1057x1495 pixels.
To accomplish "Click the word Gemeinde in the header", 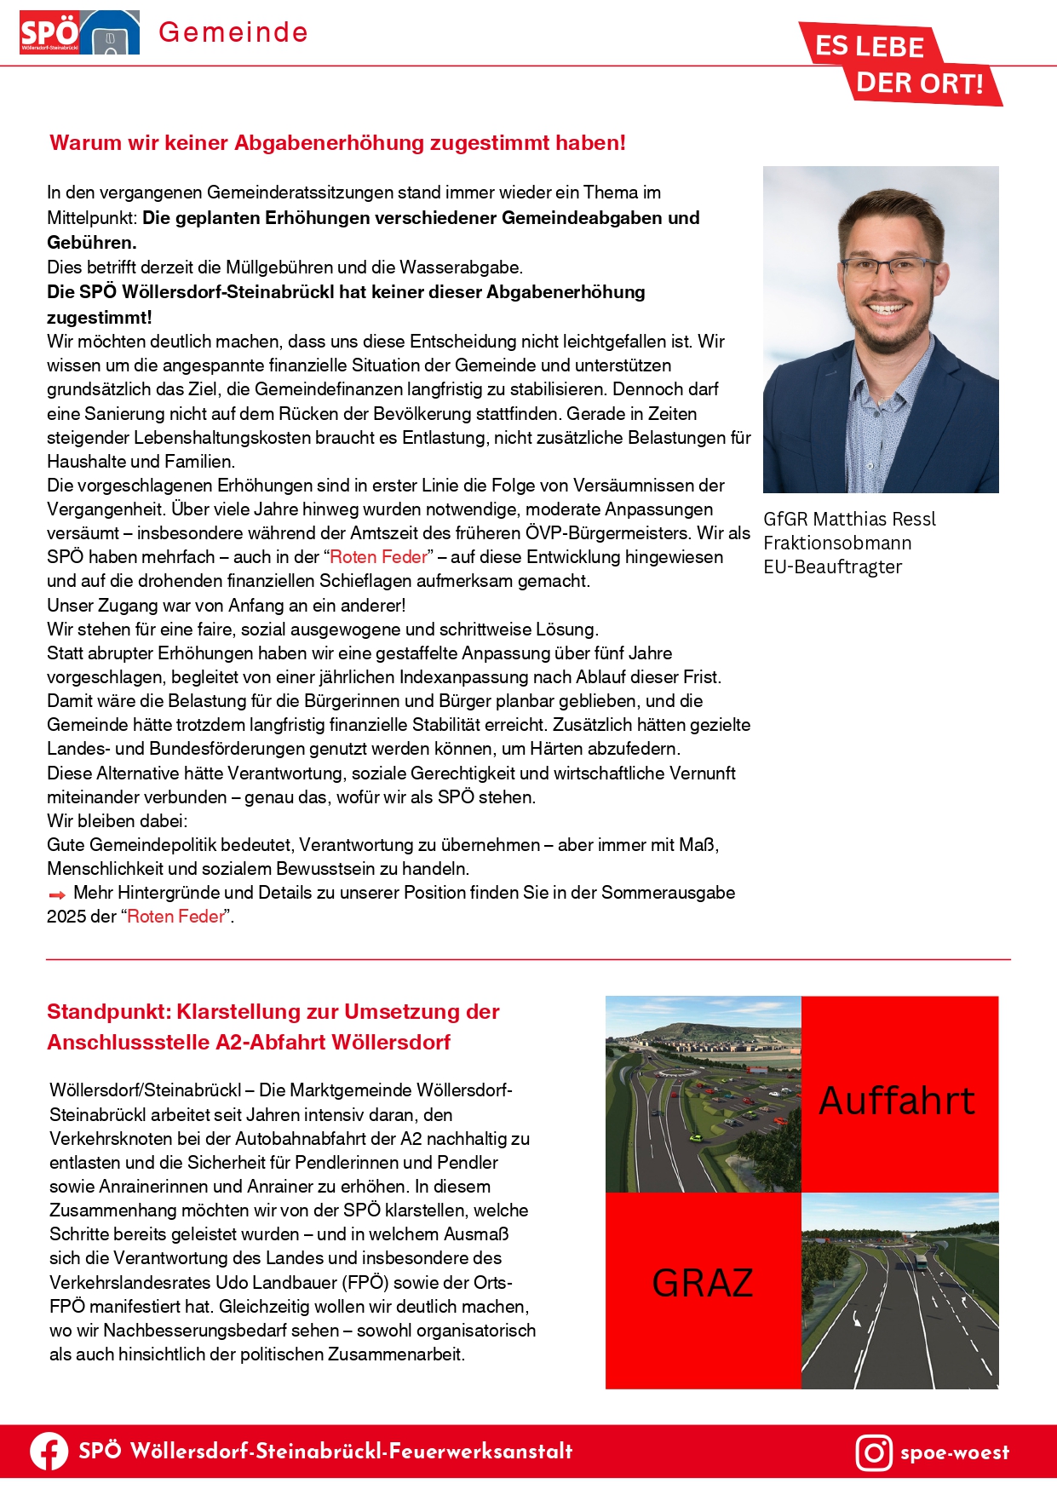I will [x=233, y=32].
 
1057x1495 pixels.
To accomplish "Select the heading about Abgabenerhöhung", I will [x=337, y=143].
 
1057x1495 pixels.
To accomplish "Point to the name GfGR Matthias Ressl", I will [x=849, y=519].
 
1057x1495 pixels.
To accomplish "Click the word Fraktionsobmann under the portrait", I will [x=837, y=543].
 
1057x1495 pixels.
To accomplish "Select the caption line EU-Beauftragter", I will [x=832, y=566].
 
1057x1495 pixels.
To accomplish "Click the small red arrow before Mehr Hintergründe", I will [x=57, y=894].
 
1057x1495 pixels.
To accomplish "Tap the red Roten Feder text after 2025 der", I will [x=175, y=917].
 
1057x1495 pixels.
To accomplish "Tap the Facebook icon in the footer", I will [x=49, y=1452].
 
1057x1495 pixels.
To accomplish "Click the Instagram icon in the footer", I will [x=874, y=1452].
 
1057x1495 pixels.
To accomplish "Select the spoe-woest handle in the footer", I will [x=954, y=1452].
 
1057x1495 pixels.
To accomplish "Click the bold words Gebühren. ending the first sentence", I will [x=92, y=242].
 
